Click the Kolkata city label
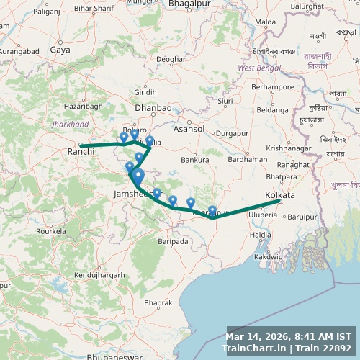pos(280,195)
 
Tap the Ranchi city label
pos(77,152)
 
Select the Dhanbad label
pos(153,107)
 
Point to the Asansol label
pos(189,129)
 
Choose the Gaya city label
pos(60,50)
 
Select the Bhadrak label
pos(158,303)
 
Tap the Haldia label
pos(260,235)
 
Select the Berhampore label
pos(273,86)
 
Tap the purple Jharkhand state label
pos(71,124)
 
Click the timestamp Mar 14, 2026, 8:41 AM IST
pos(289,336)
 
